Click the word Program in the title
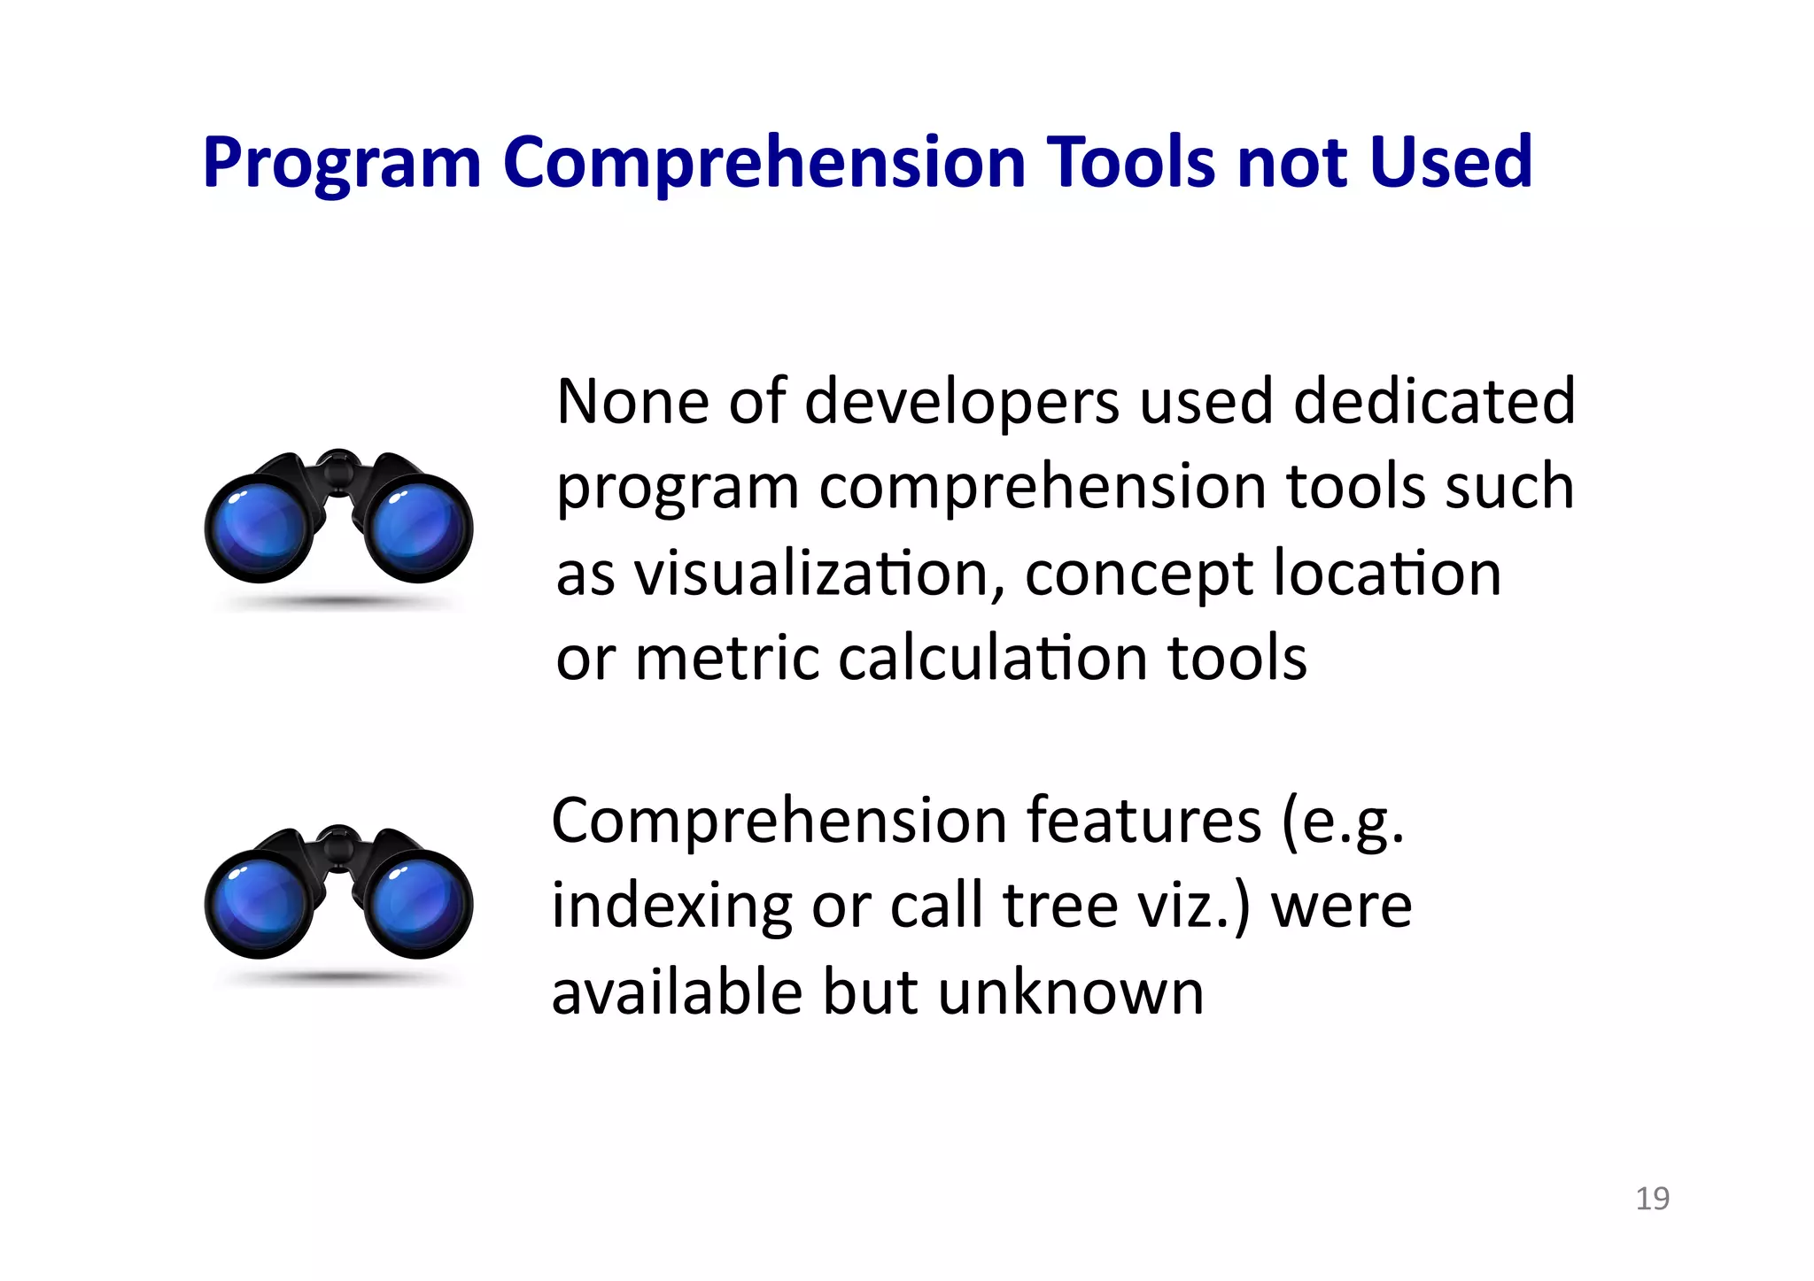(x=341, y=164)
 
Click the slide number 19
(x=1652, y=1199)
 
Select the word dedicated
(x=1434, y=402)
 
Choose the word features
(x=1143, y=821)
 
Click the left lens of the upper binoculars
(x=259, y=529)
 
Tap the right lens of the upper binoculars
(x=419, y=529)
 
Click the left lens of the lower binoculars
(x=259, y=905)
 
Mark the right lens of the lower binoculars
(x=419, y=905)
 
